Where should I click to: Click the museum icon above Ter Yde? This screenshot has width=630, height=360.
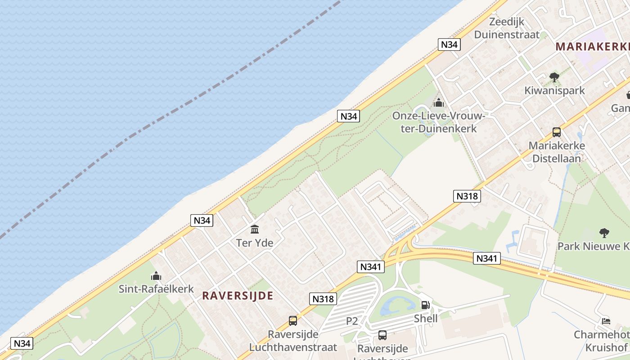point(255,229)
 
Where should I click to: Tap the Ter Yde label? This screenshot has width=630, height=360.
point(255,243)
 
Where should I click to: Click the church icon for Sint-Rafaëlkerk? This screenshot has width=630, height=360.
point(156,275)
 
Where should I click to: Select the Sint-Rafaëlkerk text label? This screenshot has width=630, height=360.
point(156,289)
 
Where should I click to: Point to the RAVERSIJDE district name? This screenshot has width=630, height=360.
point(238,296)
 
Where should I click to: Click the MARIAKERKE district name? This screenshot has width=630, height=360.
point(592,46)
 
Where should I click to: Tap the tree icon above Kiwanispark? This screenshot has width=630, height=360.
point(554,77)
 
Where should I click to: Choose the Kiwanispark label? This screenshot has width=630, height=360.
point(554,90)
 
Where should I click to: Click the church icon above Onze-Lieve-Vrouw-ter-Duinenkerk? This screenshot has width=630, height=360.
point(438,103)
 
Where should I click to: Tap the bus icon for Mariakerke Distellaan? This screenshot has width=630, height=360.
point(557,132)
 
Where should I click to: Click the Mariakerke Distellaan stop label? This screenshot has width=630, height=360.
point(557,152)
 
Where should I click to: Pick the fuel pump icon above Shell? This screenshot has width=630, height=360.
point(425,305)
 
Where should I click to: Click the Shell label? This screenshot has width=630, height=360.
point(426,319)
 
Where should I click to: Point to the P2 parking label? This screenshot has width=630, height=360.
point(352,321)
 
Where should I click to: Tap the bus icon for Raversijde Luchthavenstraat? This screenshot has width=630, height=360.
point(293,321)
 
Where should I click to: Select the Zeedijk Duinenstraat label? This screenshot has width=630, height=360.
point(507,28)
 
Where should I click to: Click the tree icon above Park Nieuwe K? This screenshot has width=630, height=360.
point(604,233)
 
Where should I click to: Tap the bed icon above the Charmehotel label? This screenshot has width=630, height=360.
point(606,321)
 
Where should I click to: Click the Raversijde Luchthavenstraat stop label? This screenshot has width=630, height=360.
point(293,341)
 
